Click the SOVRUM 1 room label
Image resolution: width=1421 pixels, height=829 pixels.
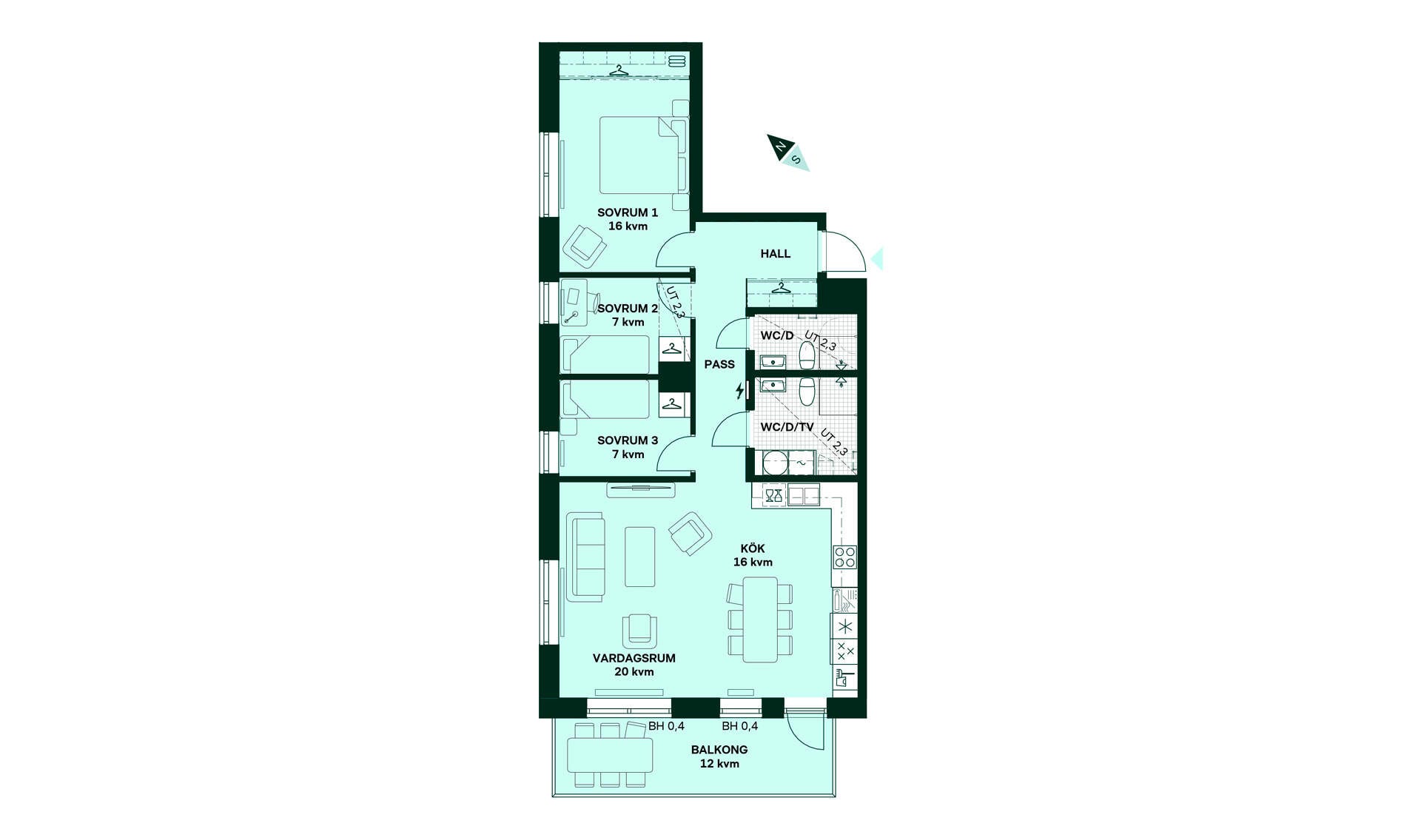click(628, 212)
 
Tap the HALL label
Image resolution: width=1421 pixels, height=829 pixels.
click(776, 254)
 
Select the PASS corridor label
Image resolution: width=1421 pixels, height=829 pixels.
click(719, 364)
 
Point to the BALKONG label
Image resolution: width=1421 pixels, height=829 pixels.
click(719, 750)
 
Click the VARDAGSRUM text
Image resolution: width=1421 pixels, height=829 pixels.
click(634, 658)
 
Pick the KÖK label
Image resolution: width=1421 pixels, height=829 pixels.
click(753, 548)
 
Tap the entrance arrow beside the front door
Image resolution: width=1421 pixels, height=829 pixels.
click(878, 258)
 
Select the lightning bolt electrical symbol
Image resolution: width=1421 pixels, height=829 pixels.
click(739, 391)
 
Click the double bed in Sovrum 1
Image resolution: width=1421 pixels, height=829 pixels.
click(643, 155)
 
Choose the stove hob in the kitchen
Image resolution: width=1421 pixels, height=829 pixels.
click(845, 557)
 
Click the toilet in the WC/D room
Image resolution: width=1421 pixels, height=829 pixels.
click(807, 355)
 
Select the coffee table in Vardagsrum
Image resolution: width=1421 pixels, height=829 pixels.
click(639, 557)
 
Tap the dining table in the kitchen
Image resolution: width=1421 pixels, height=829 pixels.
click(760, 620)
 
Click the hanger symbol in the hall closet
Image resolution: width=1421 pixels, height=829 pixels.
click(780, 288)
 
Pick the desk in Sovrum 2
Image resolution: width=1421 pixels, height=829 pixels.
click(574, 303)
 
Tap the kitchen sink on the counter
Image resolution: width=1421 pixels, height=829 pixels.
click(804, 494)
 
